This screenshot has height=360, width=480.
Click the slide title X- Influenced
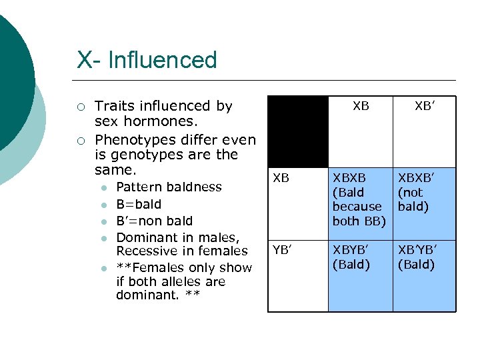pos(147,60)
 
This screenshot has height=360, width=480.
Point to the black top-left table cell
pos(297,131)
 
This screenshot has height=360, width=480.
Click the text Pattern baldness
pos(169,187)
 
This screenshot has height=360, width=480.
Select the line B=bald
pos(139,204)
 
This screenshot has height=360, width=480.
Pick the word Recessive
pos(147,251)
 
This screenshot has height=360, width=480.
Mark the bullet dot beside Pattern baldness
pos(103,187)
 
